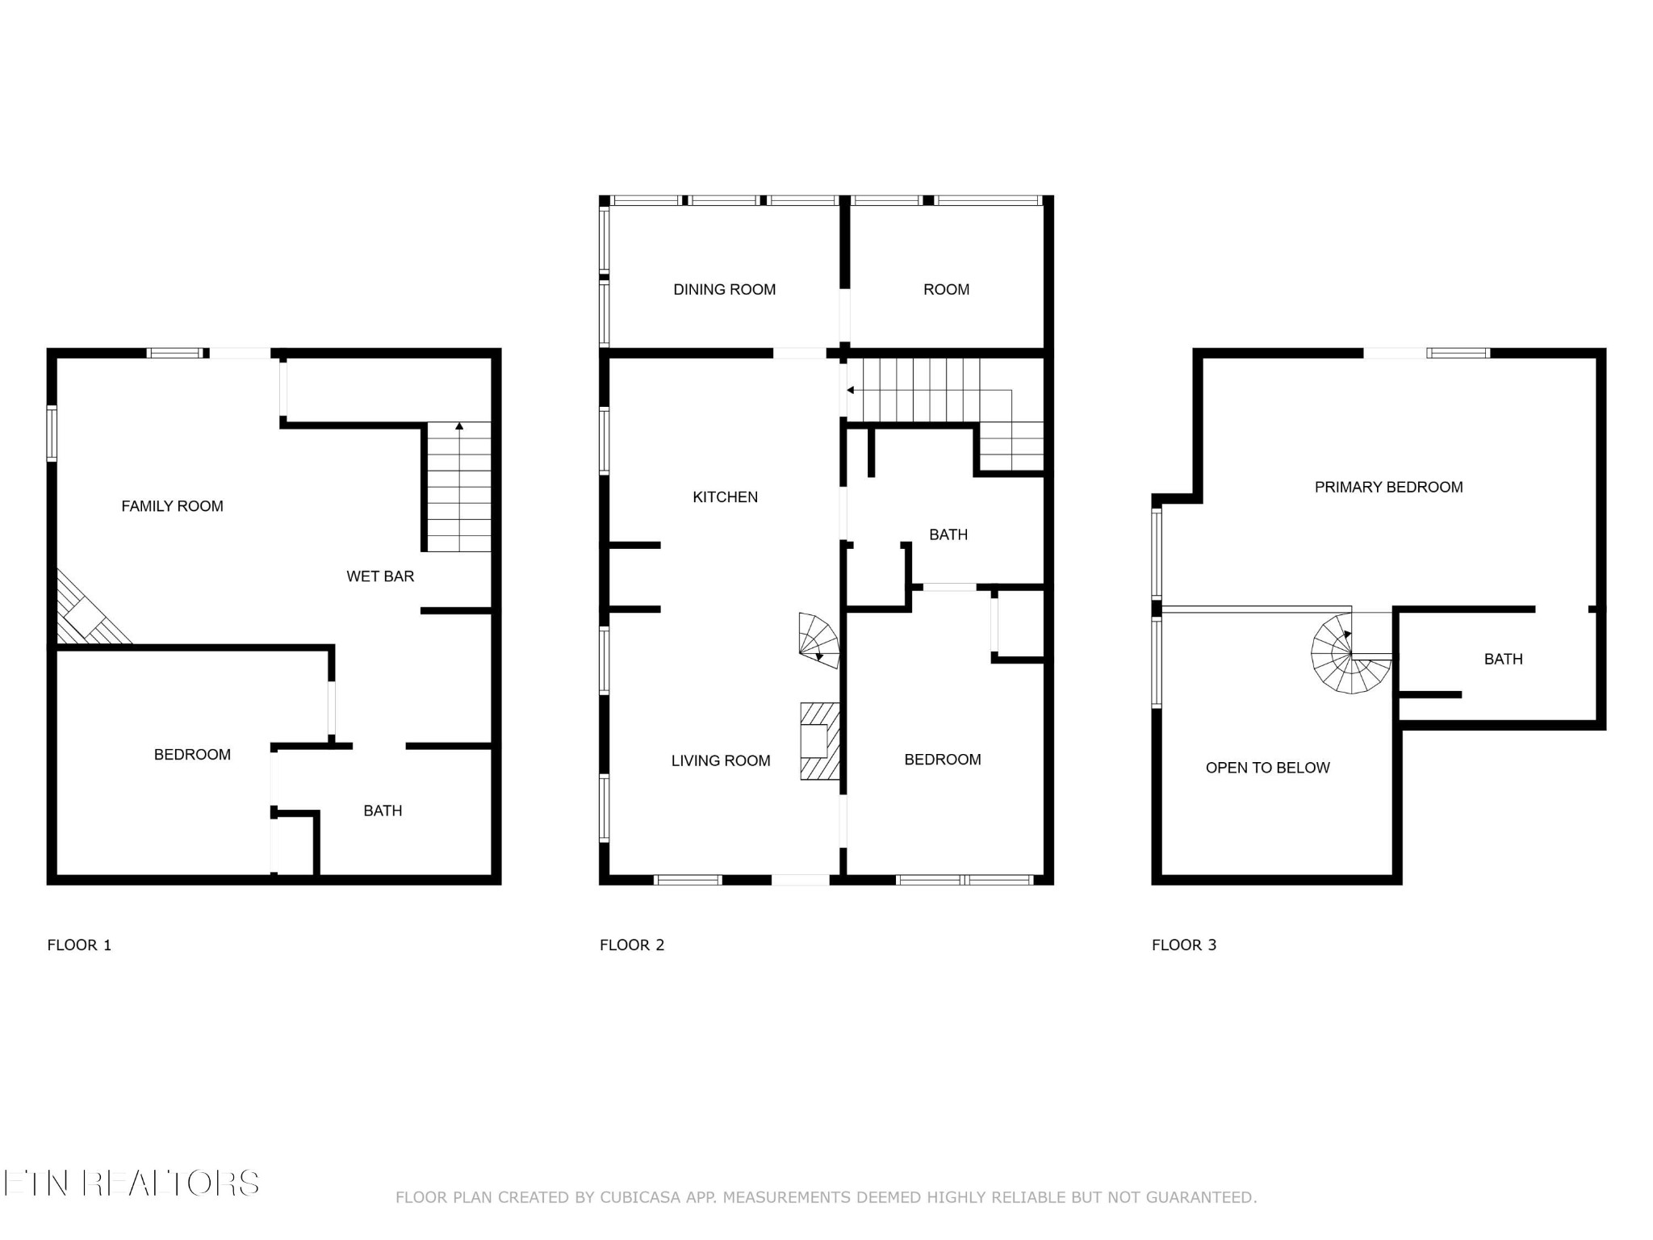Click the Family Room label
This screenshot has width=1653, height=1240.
(172, 506)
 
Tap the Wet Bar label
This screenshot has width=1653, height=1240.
(380, 576)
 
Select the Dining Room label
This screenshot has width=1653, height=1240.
(725, 290)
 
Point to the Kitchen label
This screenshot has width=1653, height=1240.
(726, 497)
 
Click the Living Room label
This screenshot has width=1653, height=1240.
(721, 760)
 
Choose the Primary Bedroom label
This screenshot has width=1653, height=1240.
(1389, 487)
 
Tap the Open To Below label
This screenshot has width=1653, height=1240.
(1268, 768)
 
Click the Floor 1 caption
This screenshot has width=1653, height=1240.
(79, 945)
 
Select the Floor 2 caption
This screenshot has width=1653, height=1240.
(632, 945)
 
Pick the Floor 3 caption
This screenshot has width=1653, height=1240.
(1184, 945)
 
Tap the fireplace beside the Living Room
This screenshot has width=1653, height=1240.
(820, 741)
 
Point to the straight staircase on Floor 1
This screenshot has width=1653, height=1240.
(458, 487)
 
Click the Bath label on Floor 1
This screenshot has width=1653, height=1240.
(383, 811)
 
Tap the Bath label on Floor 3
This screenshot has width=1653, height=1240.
(1504, 660)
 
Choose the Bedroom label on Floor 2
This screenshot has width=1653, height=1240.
(943, 760)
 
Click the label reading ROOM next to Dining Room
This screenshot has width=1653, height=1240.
(947, 290)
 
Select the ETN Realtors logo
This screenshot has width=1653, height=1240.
(131, 1183)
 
